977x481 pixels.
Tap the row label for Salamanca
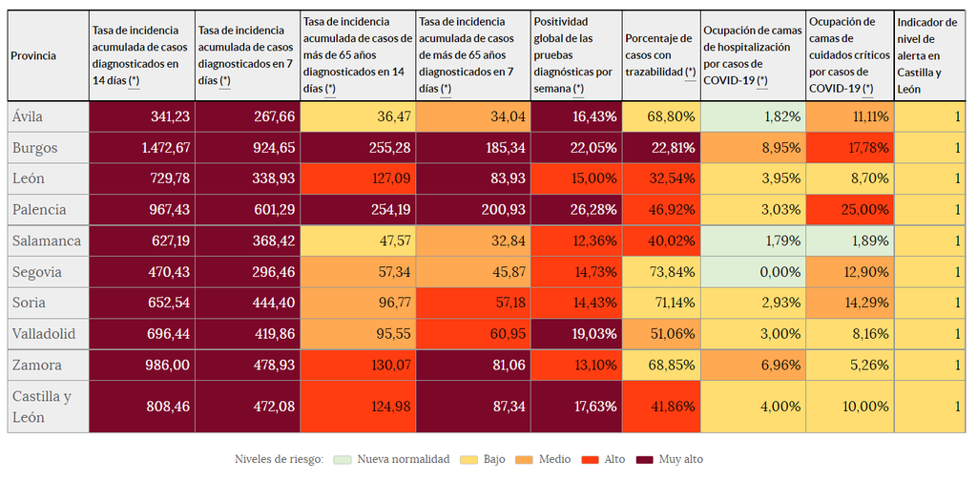46,240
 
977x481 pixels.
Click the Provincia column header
33,55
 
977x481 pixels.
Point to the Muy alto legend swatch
650,459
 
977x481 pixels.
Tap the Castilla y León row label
44,406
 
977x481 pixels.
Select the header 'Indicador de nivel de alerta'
925,55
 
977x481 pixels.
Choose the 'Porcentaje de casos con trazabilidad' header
659,55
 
